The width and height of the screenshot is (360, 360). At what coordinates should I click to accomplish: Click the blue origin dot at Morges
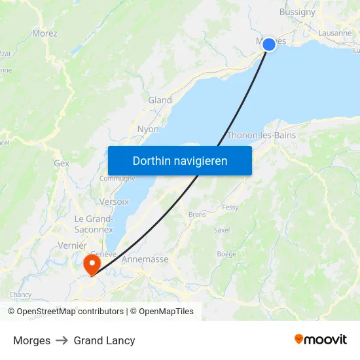pyautogui.click(x=268, y=45)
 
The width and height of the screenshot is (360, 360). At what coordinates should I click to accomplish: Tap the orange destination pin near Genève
pyautogui.click(x=92, y=264)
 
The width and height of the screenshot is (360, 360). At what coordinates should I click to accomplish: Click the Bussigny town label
pyautogui.click(x=297, y=12)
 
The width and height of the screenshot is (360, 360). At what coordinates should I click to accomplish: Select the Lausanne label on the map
pyautogui.click(x=334, y=33)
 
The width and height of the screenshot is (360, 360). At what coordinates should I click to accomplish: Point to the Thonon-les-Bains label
pyautogui.click(x=261, y=135)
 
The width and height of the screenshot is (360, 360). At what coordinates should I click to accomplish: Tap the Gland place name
pyautogui.click(x=160, y=100)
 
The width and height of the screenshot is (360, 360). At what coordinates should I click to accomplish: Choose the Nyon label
pyautogui.click(x=148, y=129)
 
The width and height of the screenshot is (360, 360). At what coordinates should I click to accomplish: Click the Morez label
pyautogui.click(x=45, y=33)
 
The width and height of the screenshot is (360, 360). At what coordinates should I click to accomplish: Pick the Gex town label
pyautogui.click(x=62, y=163)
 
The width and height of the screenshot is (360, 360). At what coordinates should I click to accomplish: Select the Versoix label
pyautogui.click(x=115, y=202)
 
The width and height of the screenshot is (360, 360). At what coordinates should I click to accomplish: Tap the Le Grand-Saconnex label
pyautogui.click(x=94, y=223)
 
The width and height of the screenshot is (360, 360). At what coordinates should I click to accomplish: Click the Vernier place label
pyautogui.click(x=72, y=245)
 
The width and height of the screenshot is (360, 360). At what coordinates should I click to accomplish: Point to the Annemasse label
pyautogui.click(x=145, y=259)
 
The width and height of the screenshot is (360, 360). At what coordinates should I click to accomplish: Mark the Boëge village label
pyautogui.click(x=226, y=253)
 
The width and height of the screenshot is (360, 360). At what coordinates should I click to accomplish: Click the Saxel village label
pyautogui.click(x=222, y=230)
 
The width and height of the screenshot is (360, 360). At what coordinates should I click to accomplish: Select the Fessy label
pyautogui.click(x=230, y=207)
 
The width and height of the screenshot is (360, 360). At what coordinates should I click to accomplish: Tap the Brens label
pyautogui.click(x=197, y=214)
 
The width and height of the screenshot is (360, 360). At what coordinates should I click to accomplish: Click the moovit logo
pyautogui.click(x=321, y=339)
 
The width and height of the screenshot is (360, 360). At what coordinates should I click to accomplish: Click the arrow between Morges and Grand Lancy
pyautogui.click(x=62, y=340)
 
